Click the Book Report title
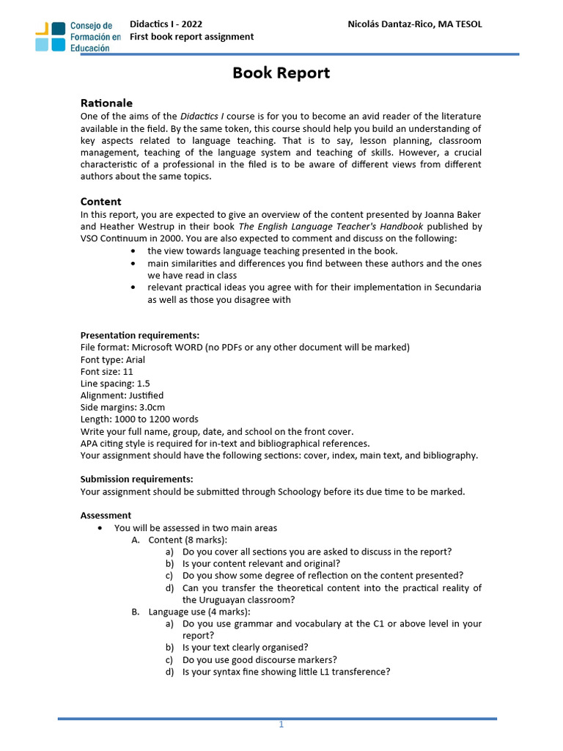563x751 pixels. [281, 73]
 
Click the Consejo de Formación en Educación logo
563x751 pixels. [78, 37]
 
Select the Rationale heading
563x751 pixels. [106, 103]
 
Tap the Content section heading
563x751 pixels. [100, 202]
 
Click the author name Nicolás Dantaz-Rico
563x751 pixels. [414, 24]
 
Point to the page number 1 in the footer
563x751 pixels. [281, 725]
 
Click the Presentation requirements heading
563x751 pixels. [139, 335]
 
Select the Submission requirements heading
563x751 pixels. [136, 480]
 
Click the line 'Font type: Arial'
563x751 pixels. [113, 359]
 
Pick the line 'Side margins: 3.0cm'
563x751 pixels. [122, 407]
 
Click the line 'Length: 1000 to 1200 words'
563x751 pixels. [139, 420]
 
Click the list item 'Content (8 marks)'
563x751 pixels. [188, 540]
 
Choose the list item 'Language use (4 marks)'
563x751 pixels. [199, 612]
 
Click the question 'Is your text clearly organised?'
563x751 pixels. [245, 648]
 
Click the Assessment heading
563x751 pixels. [106, 516]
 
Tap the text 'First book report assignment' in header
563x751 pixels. [192, 37]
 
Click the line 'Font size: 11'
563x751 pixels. [107, 372]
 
